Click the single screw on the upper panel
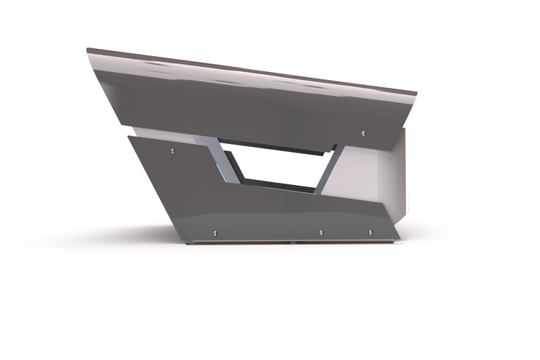pos(363,132)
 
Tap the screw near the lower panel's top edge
pos(172,150)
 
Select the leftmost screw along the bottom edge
pos(215,232)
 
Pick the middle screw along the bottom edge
pos(321,233)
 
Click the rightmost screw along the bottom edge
pos(370,233)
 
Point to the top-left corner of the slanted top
pos(88,50)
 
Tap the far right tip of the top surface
pos(416,93)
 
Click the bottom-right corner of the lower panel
pos(399,238)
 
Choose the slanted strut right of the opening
pos(328,171)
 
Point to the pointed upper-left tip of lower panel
pos(128,136)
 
